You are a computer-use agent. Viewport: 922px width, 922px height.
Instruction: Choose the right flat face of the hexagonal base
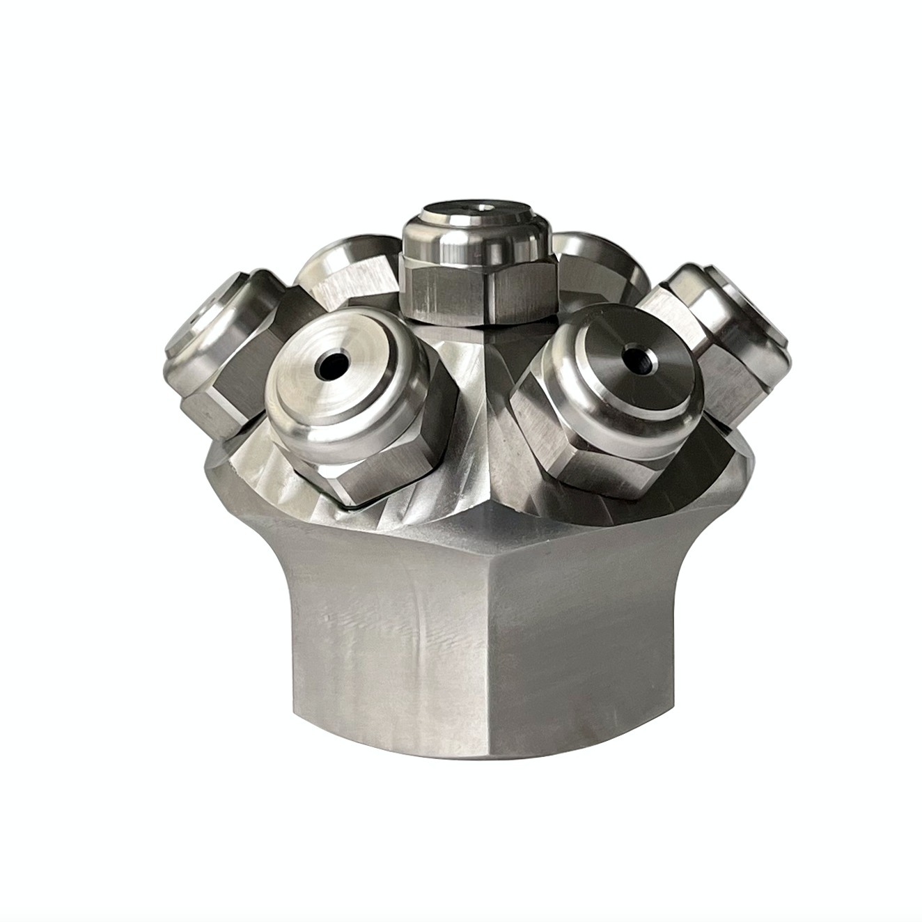click(613, 627)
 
